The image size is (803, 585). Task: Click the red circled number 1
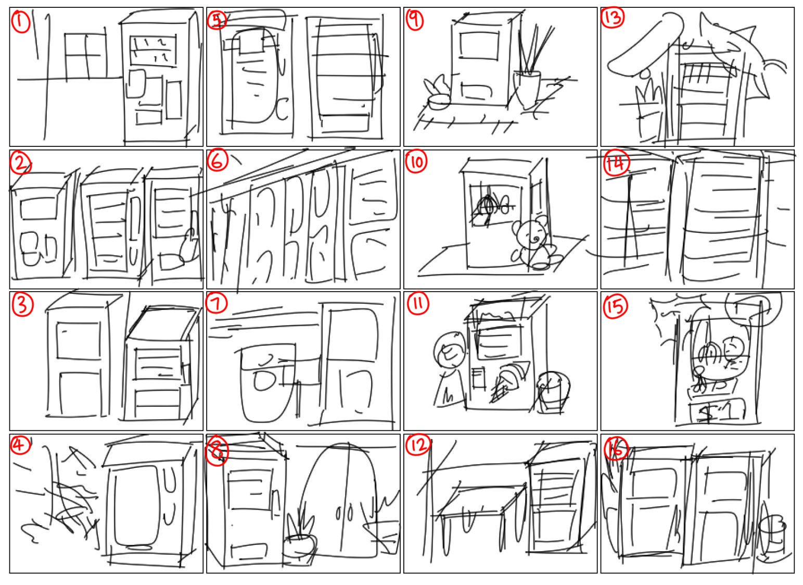tap(21, 21)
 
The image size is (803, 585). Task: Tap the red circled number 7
tap(216, 303)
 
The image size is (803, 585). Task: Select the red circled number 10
tap(416, 162)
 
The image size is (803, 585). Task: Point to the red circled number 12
tap(418, 445)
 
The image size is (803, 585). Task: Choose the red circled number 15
tap(616, 308)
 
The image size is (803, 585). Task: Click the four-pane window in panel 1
tap(86, 56)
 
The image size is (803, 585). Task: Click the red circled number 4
tap(20, 445)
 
